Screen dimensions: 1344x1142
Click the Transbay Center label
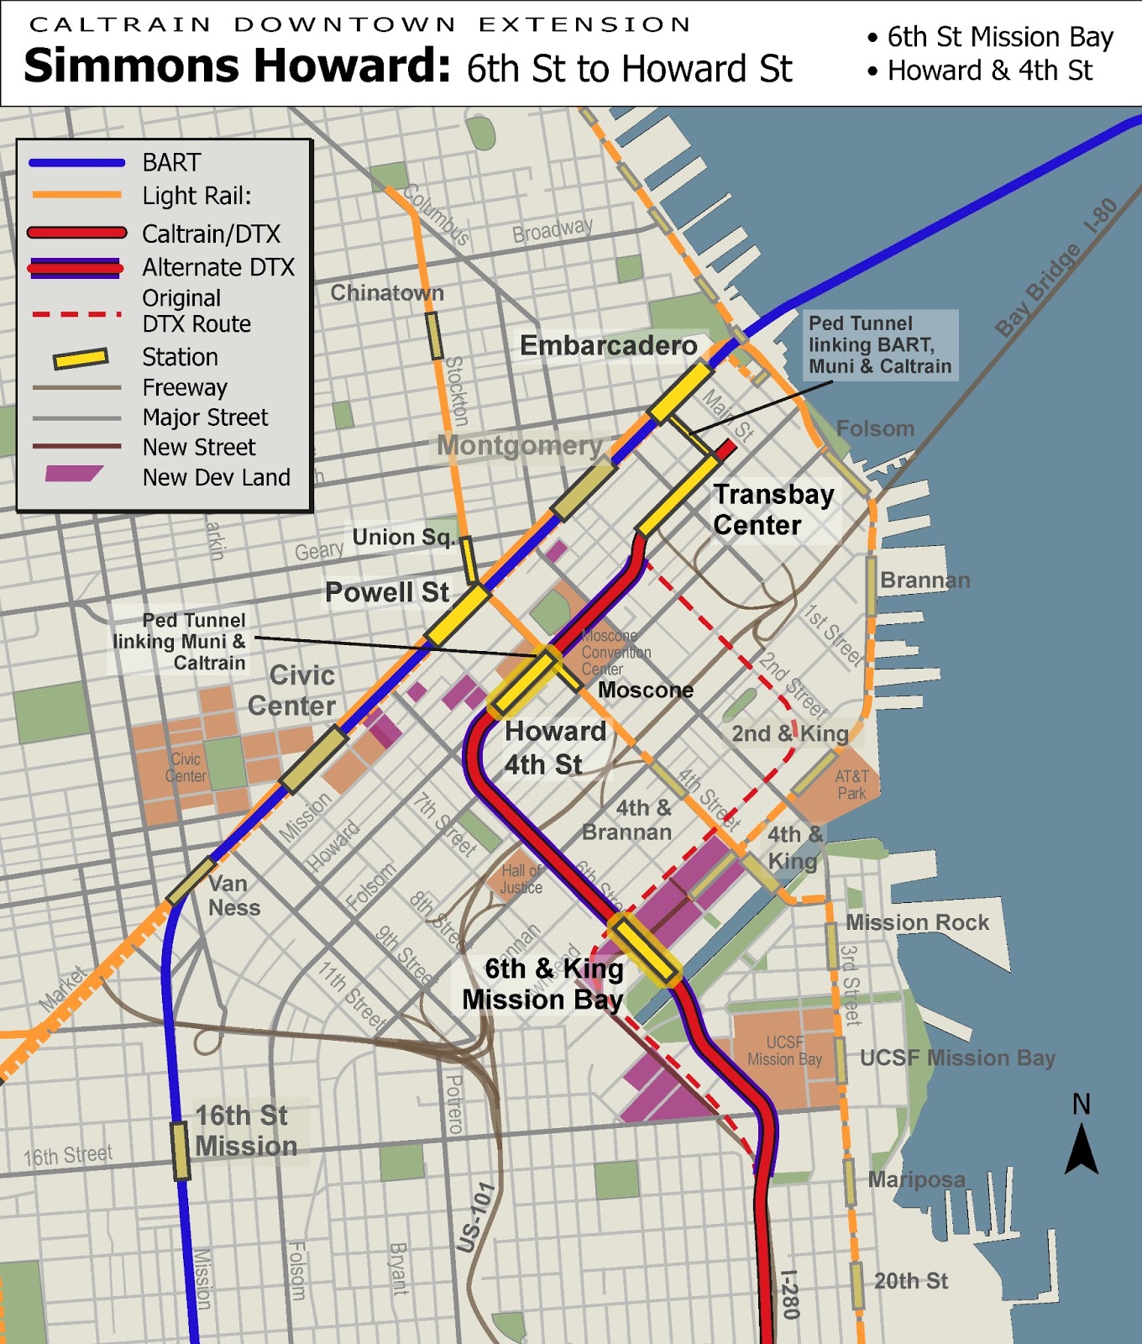(773, 510)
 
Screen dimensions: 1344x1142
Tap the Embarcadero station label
(608, 345)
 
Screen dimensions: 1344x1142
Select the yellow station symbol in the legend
(81, 359)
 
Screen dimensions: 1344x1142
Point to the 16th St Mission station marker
(180, 1151)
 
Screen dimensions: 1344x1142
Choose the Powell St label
(386, 592)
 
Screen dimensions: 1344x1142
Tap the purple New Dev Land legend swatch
(74, 474)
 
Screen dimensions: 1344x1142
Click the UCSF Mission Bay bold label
(957, 1058)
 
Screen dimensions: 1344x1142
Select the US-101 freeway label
(475, 1217)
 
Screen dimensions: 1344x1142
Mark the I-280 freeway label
(789, 1294)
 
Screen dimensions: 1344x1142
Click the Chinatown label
(386, 293)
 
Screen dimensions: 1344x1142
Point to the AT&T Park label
(851, 785)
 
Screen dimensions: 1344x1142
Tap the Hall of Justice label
(521, 879)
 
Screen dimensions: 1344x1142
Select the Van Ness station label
(233, 895)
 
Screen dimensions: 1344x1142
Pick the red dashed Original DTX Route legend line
(76, 314)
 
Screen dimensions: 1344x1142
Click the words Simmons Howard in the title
(238, 66)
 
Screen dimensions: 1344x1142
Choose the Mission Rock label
(917, 922)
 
